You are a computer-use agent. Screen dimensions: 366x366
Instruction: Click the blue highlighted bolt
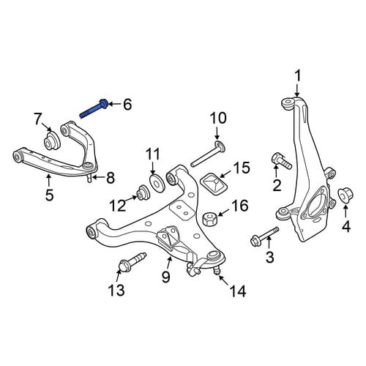(x=94, y=110)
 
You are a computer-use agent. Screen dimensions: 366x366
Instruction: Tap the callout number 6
(x=127, y=105)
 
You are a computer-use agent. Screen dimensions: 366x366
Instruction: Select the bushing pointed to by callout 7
(x=51, y=141)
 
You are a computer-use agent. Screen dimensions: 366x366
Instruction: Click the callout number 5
(x=49, y=195)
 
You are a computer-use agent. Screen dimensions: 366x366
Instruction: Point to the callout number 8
(x=111, y=178)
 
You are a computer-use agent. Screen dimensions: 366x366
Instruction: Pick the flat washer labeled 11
(x=157, y=183)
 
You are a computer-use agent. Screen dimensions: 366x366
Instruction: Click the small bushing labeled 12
(x=142, y=192)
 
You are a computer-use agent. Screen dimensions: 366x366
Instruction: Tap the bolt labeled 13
(x=132, y=262)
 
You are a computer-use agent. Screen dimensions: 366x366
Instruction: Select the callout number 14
(x=238, y=291)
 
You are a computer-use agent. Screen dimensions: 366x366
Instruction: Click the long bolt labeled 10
(x=207, y=154)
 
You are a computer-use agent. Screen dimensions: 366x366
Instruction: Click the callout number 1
(x=297, y=75)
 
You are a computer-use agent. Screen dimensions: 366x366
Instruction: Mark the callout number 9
(x=166, y=277)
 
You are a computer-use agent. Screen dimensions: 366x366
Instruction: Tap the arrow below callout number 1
(x=297, y=91)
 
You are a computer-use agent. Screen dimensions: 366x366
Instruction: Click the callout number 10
(x=218, y=118)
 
